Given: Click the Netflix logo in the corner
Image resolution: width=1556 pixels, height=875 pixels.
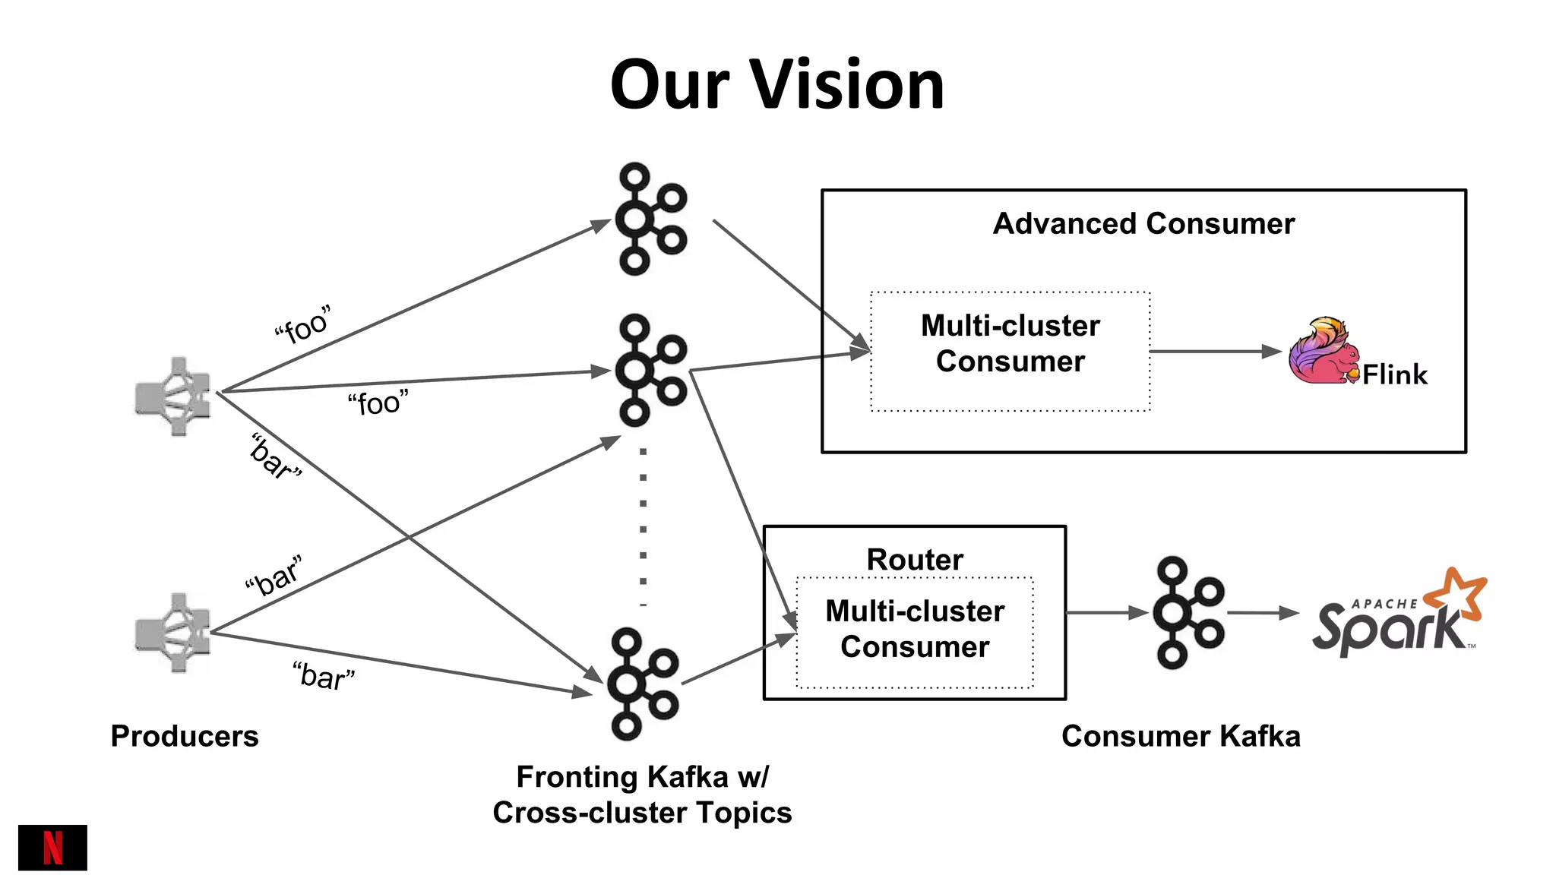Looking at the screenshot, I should (52, 847).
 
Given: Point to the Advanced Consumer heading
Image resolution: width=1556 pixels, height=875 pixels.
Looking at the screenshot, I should (1143, 224).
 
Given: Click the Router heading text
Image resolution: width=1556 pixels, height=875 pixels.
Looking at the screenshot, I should (915, 560).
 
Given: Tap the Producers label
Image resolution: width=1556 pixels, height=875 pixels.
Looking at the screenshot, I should (185, 736).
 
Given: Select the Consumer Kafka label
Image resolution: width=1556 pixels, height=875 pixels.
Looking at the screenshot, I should (1181, 736).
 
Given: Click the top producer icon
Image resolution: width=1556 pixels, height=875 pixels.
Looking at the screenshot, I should (173, 396).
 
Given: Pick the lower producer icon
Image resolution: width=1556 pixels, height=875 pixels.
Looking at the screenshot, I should (173, 633).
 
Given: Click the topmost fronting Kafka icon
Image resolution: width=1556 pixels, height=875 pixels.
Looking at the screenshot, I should (650, 219).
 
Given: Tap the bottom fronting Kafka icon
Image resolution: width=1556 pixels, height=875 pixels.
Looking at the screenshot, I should (642, 684).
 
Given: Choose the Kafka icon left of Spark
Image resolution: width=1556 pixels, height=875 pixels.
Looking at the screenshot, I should (1188, 612).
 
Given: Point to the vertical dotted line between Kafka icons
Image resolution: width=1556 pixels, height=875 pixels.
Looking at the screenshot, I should (644, 528).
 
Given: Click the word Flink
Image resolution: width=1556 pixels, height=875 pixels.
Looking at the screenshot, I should (1394, 375).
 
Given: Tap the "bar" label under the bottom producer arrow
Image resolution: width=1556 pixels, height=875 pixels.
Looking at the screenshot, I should (324, 676).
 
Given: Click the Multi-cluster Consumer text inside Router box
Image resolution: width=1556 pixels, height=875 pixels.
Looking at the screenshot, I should (915, 629).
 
